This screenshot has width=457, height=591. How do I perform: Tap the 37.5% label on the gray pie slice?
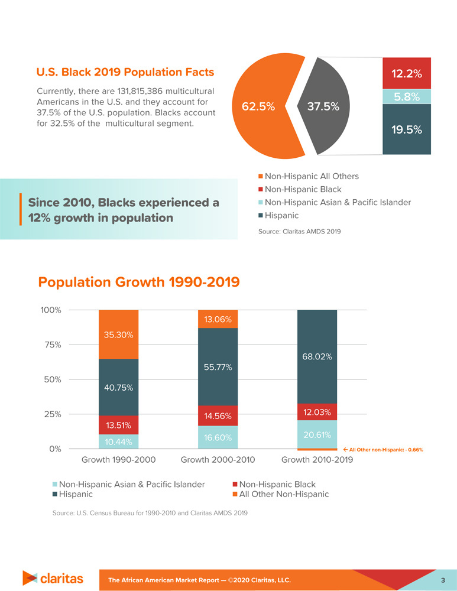[322, 107]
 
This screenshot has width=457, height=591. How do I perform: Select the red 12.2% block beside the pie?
[406, 74]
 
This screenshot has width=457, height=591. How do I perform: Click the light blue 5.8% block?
[406, 97]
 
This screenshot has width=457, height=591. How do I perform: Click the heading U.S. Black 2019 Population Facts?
[125, 72]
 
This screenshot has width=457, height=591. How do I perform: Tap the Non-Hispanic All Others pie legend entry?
[312, 176]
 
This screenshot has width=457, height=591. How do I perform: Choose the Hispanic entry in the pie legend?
[281, 216]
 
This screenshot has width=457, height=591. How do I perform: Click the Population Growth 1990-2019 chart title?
[139, 282]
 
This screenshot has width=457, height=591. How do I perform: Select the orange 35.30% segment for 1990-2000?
[118, 335]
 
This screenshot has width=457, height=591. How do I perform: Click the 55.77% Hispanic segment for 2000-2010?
[218, 367]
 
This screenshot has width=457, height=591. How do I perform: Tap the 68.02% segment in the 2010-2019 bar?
[317, 357]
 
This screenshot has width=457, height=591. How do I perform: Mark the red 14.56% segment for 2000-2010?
[218, 415]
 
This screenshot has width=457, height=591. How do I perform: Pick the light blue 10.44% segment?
[118, 441]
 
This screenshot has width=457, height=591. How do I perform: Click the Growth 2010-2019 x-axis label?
[317, 460]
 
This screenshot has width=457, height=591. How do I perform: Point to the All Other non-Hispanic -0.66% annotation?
[387, 450]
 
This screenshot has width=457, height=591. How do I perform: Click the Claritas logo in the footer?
[53, 578]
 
